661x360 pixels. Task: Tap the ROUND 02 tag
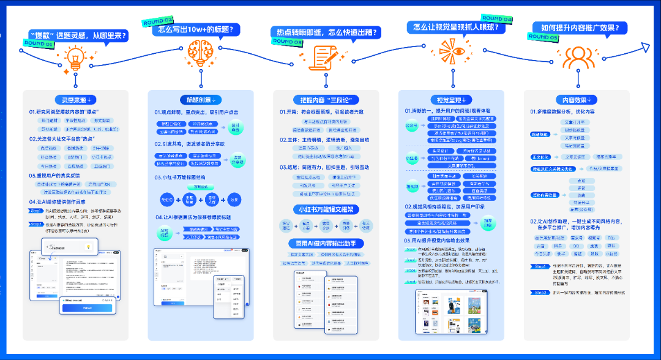[x=157, y=21]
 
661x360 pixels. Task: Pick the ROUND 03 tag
[x=287, y=42]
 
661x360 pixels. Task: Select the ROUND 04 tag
[x=497, y=18]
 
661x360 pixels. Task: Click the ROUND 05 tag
[x=543, y=37]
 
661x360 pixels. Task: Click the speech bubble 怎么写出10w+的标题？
[x=199, y=29]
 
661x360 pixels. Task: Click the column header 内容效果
[x=576, y=99]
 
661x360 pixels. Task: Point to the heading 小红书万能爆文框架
[x=326, y=209]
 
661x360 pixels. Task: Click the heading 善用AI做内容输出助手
[x=326, y=243]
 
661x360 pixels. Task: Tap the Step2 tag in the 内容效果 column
[x=540, y=293]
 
